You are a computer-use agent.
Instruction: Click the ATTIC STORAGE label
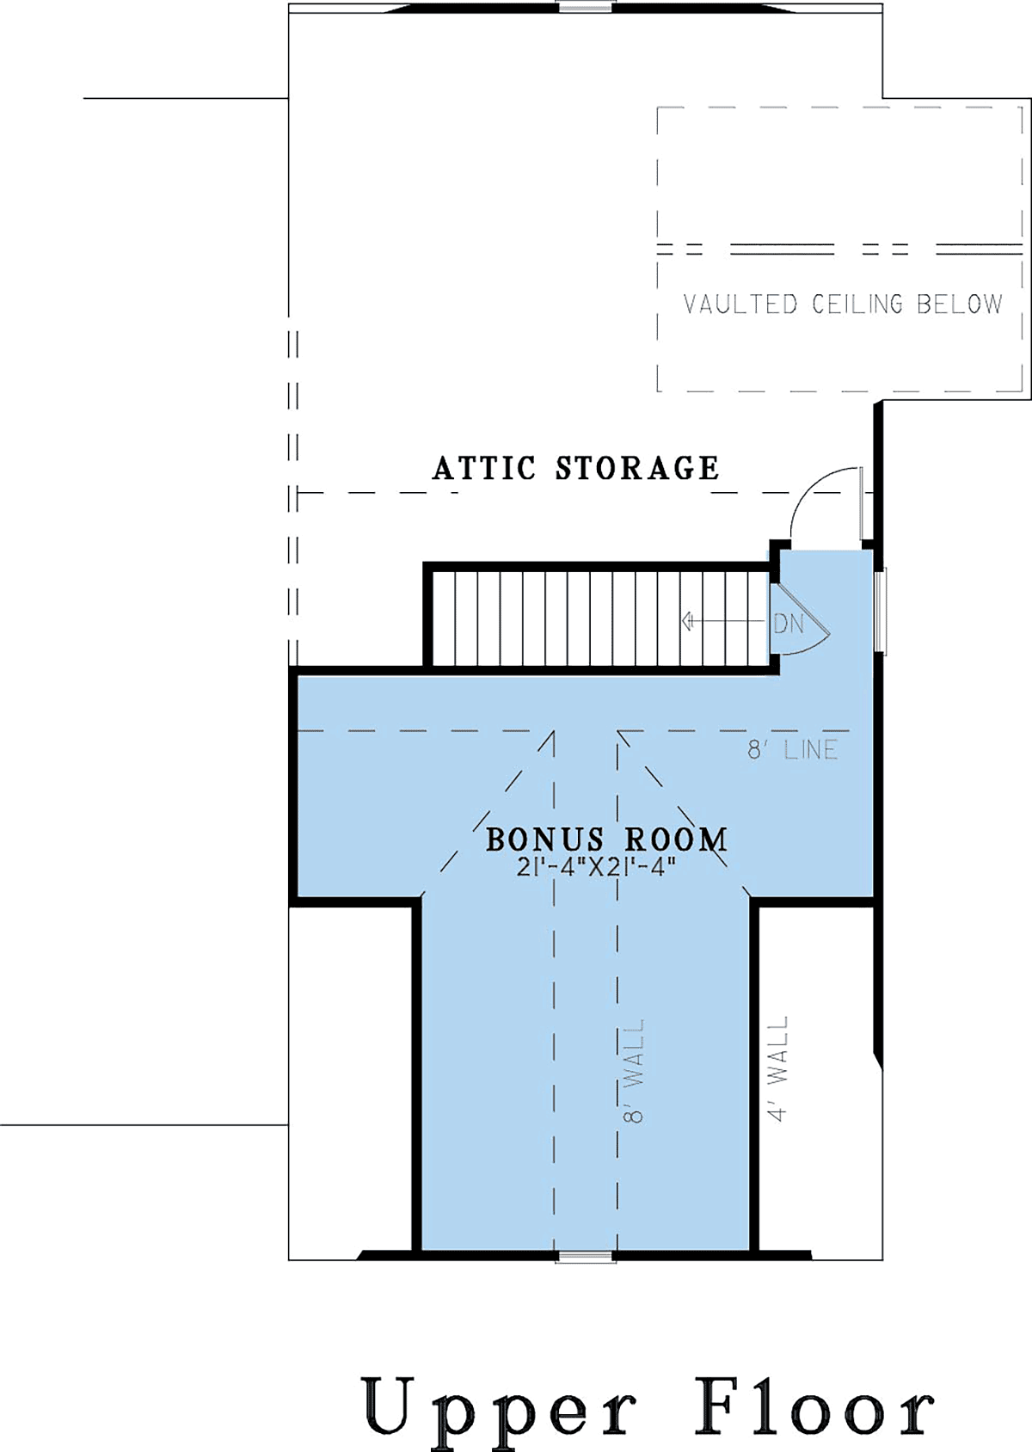coord(575,468)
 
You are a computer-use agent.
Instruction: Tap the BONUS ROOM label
coord(607,840)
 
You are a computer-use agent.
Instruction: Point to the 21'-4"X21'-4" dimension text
coord(592,867)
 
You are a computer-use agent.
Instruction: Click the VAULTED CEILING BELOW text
coord(843,304)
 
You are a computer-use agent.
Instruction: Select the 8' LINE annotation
coord(793,750)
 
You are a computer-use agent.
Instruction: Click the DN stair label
coord(789,624)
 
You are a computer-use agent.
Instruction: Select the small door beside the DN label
coord(801,622)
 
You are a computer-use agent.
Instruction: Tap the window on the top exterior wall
coord(586,7)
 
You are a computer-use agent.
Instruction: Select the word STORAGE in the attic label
coord(637,468)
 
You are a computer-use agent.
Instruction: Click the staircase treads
coord(601,618)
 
